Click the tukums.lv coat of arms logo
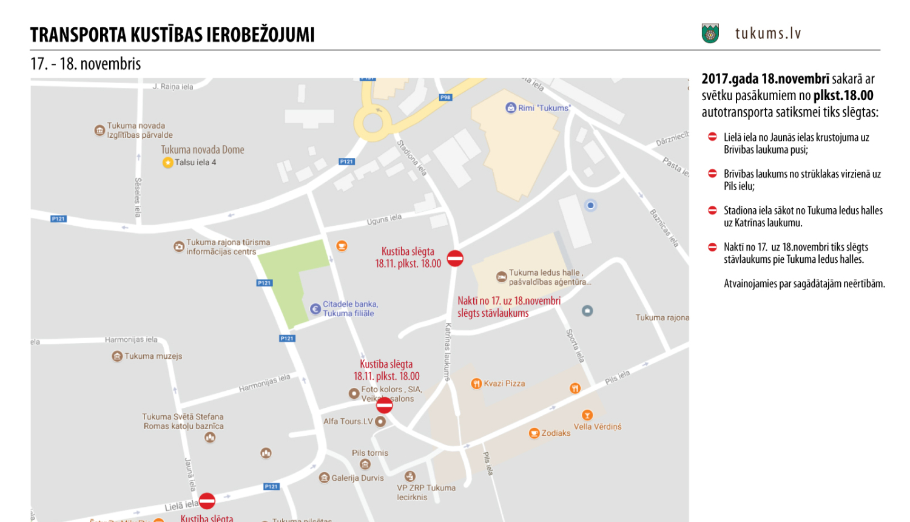coord(710,33)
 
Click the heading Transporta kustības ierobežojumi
coord(172,35)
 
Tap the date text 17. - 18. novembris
coord(86,64)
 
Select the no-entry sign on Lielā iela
coord(207,501)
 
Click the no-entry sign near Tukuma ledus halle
coord(455,258)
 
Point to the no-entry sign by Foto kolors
coord(384,405)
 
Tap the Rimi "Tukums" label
coord(544,108)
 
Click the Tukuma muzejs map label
coord(153,356)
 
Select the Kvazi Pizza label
coord(504,384)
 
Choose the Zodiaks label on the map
coord(555,433)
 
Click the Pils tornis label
coord(369,453)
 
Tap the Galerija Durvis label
coord(357,478)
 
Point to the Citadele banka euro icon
coord(315,309)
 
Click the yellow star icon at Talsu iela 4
coord(167,163)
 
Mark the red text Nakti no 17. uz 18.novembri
coord(508,301)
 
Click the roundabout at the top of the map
coord(372,122)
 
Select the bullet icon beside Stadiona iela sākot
coord(712,211)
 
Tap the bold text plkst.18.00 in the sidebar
coord(843,95)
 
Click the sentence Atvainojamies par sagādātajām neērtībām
coord(804,283)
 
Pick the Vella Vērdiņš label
coord(597,427)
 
